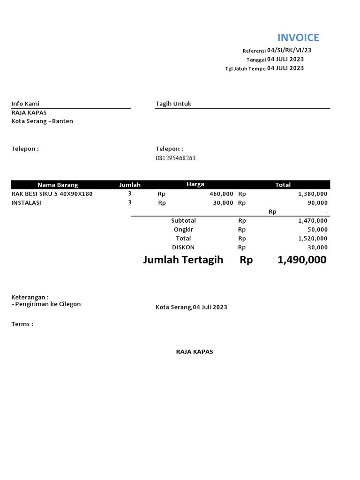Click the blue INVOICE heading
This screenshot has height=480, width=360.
click(298, 37)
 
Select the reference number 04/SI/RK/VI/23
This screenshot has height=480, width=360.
click(289, 50)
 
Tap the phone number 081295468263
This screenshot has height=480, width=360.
click(175, 158)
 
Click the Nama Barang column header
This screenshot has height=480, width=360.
click(58, 185)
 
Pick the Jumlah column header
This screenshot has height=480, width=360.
click(130, 185)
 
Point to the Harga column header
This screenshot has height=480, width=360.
click(195, 184)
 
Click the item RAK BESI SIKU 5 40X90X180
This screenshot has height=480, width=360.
click(52, 194)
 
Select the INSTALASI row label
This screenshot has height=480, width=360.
click(26, 202)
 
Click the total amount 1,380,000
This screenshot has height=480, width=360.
click(313, 194)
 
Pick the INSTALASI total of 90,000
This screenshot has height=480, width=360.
click(318, 202)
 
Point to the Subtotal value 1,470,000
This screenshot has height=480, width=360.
click(313, 220)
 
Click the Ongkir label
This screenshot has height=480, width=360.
click(183, 229)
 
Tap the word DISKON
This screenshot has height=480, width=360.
click(183, 247)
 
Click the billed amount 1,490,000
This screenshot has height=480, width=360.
click(302, 260)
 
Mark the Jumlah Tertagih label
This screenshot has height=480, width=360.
click(183, 260)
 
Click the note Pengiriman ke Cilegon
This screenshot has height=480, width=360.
click(46, 304)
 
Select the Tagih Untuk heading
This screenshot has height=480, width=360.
click(173, 104)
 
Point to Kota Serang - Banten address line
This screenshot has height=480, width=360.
click(42, 121)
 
